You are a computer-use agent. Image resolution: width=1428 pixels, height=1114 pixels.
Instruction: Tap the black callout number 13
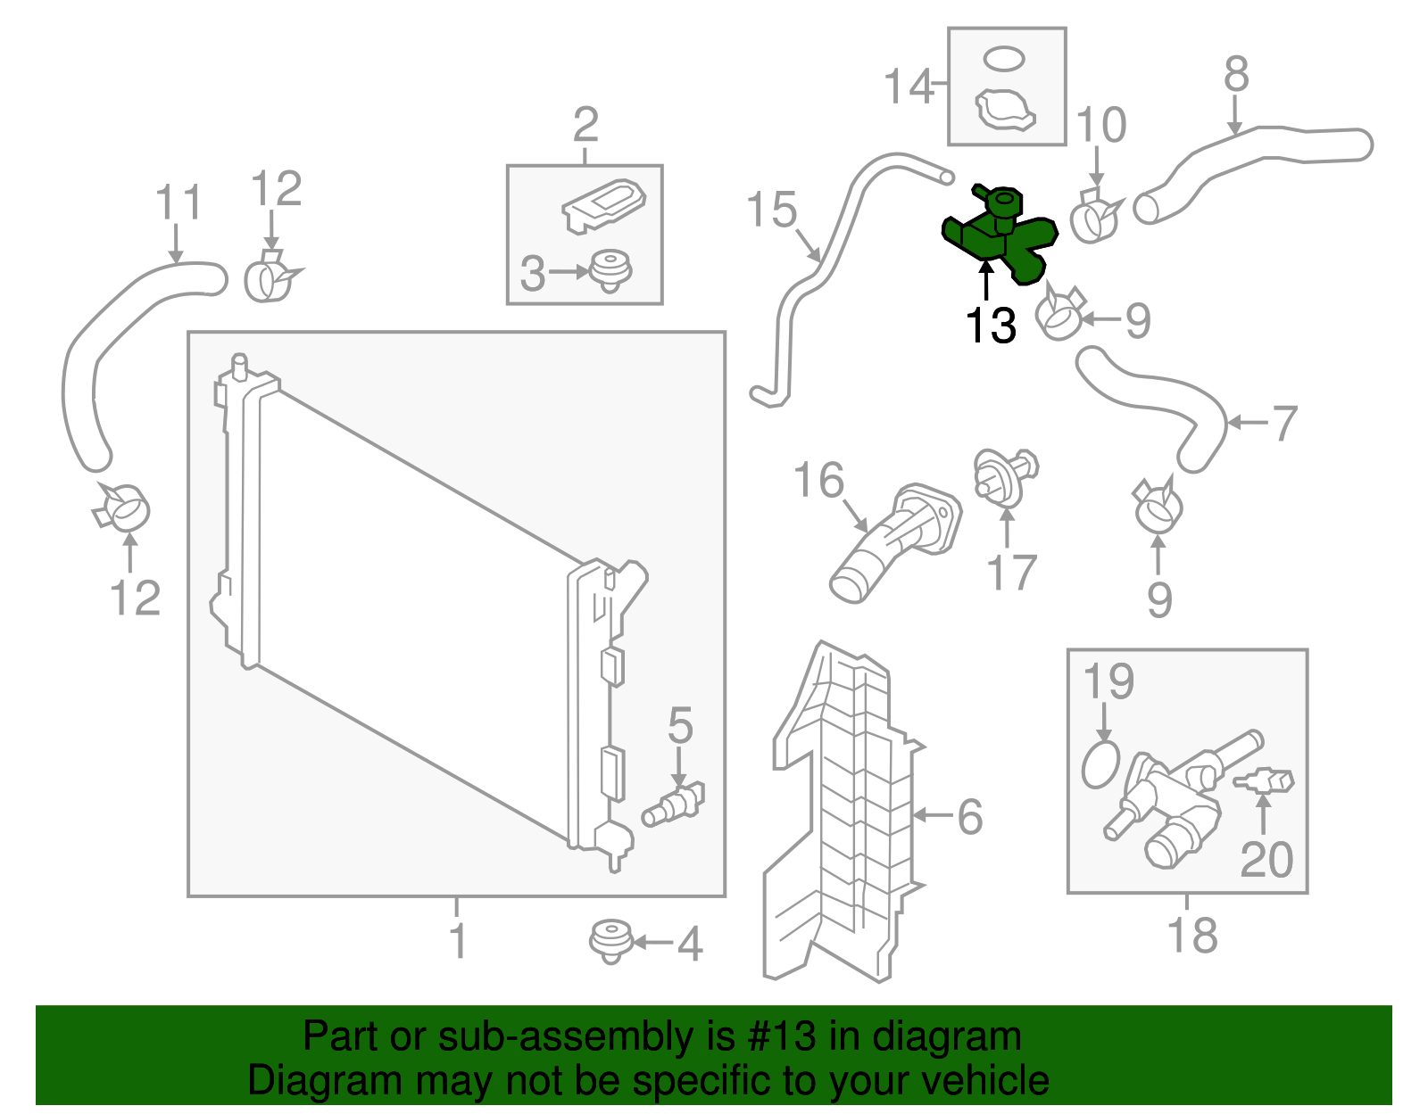991,326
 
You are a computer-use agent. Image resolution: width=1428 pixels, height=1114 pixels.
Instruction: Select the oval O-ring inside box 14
1004,59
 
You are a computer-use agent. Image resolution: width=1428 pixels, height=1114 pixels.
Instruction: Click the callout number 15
771,210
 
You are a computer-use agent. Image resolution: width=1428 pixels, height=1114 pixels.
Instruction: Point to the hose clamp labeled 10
1093,217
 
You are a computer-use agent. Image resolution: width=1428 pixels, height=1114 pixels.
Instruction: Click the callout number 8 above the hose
1235,75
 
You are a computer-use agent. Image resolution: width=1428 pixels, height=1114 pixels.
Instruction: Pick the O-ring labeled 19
1100,764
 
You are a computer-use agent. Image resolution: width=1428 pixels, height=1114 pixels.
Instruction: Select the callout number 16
818,481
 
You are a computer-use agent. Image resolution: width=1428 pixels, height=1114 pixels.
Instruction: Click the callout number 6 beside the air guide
969,816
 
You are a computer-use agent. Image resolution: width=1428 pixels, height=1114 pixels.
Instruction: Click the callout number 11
178,204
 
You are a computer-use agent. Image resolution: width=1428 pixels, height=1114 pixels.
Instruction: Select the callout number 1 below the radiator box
457,941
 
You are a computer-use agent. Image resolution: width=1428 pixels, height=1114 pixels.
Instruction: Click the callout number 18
1191,936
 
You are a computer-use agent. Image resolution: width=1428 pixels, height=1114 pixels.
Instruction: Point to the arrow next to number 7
1248,423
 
